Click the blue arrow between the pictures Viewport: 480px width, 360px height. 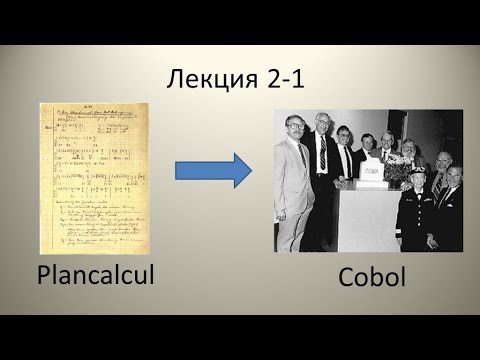pos(212,171)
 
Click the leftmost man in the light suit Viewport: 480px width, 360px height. pos(292,190)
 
